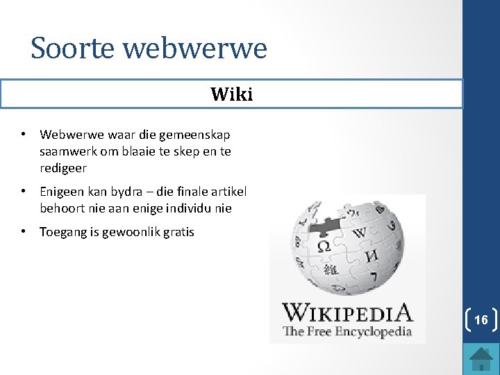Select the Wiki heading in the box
click(x=231, y=94)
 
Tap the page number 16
click(x=480, y=320)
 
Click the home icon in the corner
click(x=480, y=358)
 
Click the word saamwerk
click(x=67, y=151)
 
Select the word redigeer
click(x=63, y=168)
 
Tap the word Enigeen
click(x=62, y=191)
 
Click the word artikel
click(x=228, y=191)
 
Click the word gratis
click(x=178, y=232)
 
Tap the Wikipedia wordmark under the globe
click(x=347, y=312)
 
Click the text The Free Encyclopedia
click(x=347, y=331)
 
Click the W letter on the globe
click(x=360, y=233)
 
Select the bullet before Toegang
click(x=24, y=231)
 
